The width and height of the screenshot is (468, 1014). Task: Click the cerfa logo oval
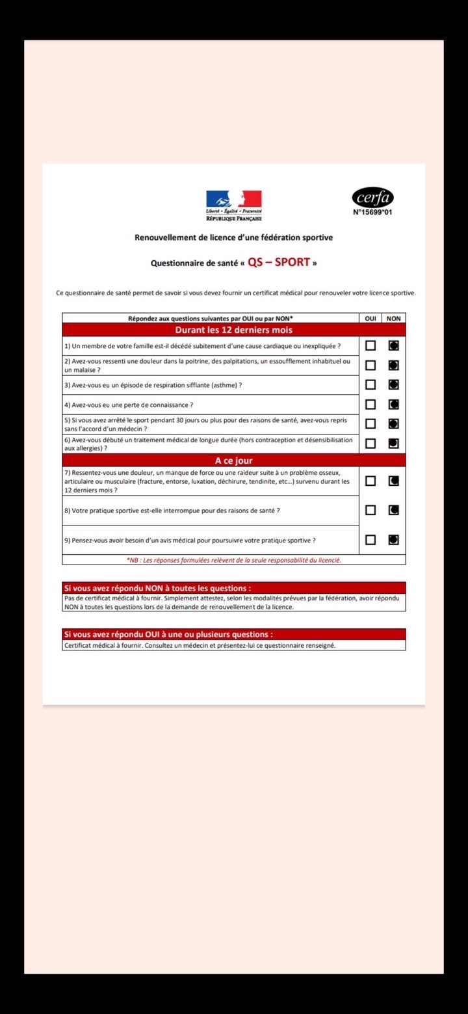[373, 197]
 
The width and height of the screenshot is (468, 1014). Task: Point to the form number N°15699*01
[373, 212]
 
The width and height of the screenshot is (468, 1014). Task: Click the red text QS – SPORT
[278, 263]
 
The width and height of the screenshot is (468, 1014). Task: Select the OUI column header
[370, 318]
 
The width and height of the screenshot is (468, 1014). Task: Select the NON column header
[393, 318]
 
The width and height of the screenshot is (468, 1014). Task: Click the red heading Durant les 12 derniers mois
[234, 330]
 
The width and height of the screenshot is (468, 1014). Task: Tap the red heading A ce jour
[234, 460]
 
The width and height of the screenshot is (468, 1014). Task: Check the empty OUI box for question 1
[370, 345]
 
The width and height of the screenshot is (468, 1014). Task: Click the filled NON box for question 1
[393, 345]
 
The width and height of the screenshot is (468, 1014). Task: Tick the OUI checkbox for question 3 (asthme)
[370, 384]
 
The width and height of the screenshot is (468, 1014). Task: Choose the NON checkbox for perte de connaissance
[393, 404]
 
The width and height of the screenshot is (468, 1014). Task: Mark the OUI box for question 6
[370, 444]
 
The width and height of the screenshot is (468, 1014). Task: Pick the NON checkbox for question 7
[393, 481]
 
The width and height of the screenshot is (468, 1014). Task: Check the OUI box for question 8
[370, 510]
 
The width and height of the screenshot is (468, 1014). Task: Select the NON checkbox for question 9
[393, 539]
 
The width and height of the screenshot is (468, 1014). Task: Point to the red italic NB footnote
[234, 559]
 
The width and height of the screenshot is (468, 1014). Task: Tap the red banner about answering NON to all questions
[234, 588]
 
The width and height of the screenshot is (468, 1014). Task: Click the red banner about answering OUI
[234, 634]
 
